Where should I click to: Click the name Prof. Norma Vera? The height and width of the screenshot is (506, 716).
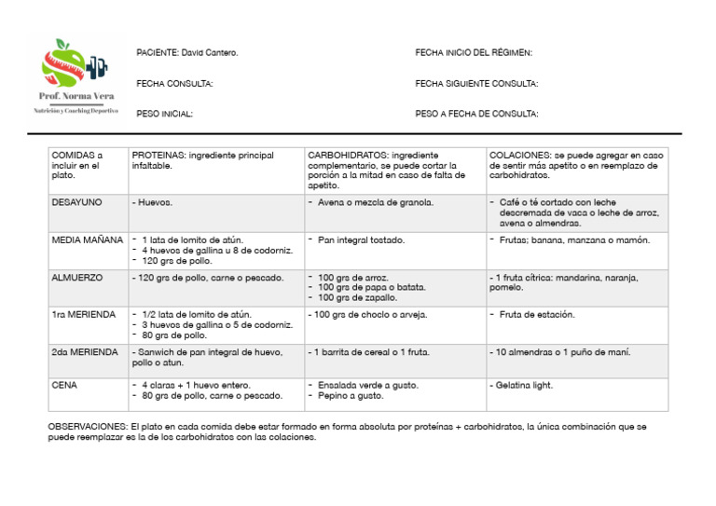point(76,97)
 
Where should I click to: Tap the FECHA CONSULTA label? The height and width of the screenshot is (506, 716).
point(174,84)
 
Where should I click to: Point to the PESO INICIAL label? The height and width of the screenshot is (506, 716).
point(164,114)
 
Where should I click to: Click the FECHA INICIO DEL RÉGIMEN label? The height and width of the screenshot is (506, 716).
point(474,53)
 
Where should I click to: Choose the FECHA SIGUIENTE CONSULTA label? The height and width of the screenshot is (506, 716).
point(476,84)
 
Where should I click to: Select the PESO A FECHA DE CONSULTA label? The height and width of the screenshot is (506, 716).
point(476,114)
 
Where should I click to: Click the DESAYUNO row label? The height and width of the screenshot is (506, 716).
point(77,202)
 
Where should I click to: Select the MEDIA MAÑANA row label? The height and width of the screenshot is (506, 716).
point(88,240)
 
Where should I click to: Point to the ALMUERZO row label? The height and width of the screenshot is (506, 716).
point(77,278)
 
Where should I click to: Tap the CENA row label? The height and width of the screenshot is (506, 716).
point(65,385)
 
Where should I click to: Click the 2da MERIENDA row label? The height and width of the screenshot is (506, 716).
point(85,352)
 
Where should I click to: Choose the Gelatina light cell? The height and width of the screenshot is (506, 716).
point(528,385)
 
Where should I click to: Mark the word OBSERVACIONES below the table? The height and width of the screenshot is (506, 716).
point(88,426)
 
